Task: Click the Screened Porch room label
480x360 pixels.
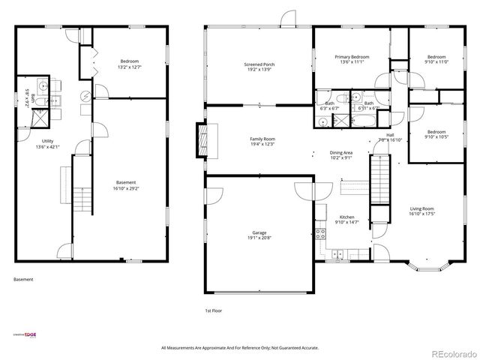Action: click(259, 67)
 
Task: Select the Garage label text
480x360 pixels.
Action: click(259, 235)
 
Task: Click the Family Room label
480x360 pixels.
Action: click(262, 141)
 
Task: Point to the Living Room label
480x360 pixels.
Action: click(421, 211)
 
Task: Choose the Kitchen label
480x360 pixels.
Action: click(346, 219)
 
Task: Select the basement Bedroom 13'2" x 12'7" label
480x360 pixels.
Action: click(130, 64)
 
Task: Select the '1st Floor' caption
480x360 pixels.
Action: click(213, 310)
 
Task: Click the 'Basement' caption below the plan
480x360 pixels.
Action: click(23, 280)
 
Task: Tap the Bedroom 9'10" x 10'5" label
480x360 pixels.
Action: click(436, 133)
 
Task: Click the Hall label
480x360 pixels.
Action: click(391, 137)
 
